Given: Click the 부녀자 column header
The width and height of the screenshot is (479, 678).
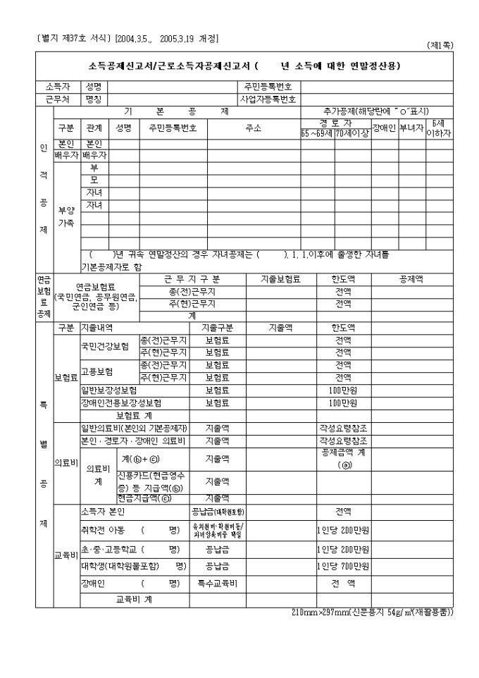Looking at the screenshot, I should click(x=412, y=128).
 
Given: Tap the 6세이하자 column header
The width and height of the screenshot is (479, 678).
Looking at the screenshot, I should click(x=439, y=128).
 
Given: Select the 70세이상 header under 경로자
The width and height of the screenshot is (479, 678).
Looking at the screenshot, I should click(x=352, y=132).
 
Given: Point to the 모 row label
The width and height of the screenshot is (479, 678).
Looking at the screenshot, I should click(x=94, y=179).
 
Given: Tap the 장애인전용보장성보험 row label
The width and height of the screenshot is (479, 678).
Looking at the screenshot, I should click(x=121, y=403).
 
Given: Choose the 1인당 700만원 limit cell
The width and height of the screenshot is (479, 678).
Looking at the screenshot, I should click(x=343, y=566).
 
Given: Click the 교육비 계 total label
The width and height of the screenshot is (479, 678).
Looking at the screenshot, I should click(x=134, y=600).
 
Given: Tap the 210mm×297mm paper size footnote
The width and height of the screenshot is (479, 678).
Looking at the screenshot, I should click(x=372, y=612).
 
